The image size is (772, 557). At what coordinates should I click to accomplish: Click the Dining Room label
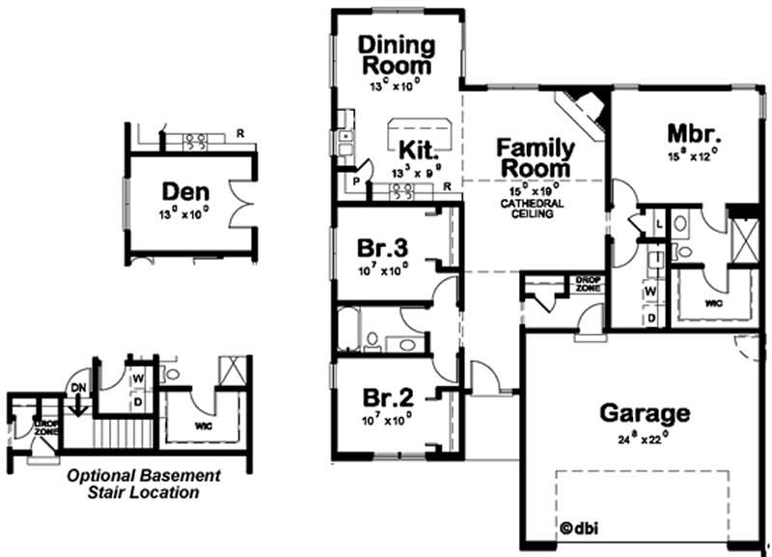tap(397, 55)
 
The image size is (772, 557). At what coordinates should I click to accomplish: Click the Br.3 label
tap(379, 246)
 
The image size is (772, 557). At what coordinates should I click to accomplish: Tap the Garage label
tap(646, 413)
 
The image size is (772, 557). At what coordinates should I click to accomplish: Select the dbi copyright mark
tap(575, 528)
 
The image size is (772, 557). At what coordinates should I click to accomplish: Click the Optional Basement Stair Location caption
tap(145, 484)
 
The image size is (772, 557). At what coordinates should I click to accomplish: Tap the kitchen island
tap(419, 128)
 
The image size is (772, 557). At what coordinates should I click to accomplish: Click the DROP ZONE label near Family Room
tap(587, 284)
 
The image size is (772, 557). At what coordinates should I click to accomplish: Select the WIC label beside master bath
tap(713, 302)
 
